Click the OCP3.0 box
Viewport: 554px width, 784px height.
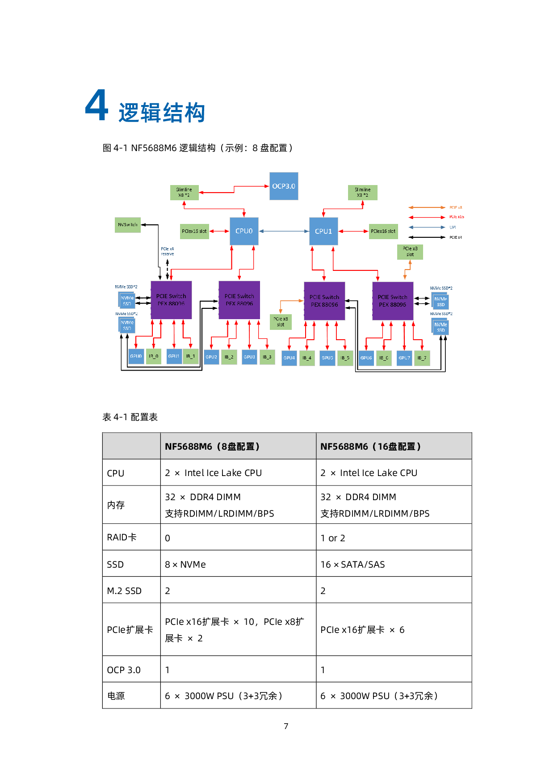(x=284, y=186)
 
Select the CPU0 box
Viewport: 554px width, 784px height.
(x=244, y=231)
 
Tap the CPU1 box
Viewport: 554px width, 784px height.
(x=323, y=231)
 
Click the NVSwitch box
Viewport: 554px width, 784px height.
(x=128, y=225)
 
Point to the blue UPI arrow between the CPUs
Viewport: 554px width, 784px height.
(x=284, y=231)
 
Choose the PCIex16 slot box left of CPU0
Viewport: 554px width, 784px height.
(x=194, y=231)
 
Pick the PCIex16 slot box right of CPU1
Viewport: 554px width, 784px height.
(x=383, y=231)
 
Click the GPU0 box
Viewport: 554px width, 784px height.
(x=136, y=356)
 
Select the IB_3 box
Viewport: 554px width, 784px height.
(x=267, y=357)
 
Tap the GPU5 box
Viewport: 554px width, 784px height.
(x=327, y=358)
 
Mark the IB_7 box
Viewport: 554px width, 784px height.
(x=422, y=358)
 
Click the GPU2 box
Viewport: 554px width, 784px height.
(x=211, y=357)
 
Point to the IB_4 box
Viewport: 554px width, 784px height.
(x=307, y=358)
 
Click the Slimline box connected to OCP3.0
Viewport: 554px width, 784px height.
(x=184, y=192)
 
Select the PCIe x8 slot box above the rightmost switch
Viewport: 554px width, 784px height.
(x=410, y=252)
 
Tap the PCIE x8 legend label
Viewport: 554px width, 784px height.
(x=456, y=207)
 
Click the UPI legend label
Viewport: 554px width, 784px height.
(x=453, y=227)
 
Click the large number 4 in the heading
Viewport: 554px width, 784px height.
(x=97, y=105)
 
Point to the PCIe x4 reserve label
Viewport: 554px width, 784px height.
(x=168, y=251)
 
